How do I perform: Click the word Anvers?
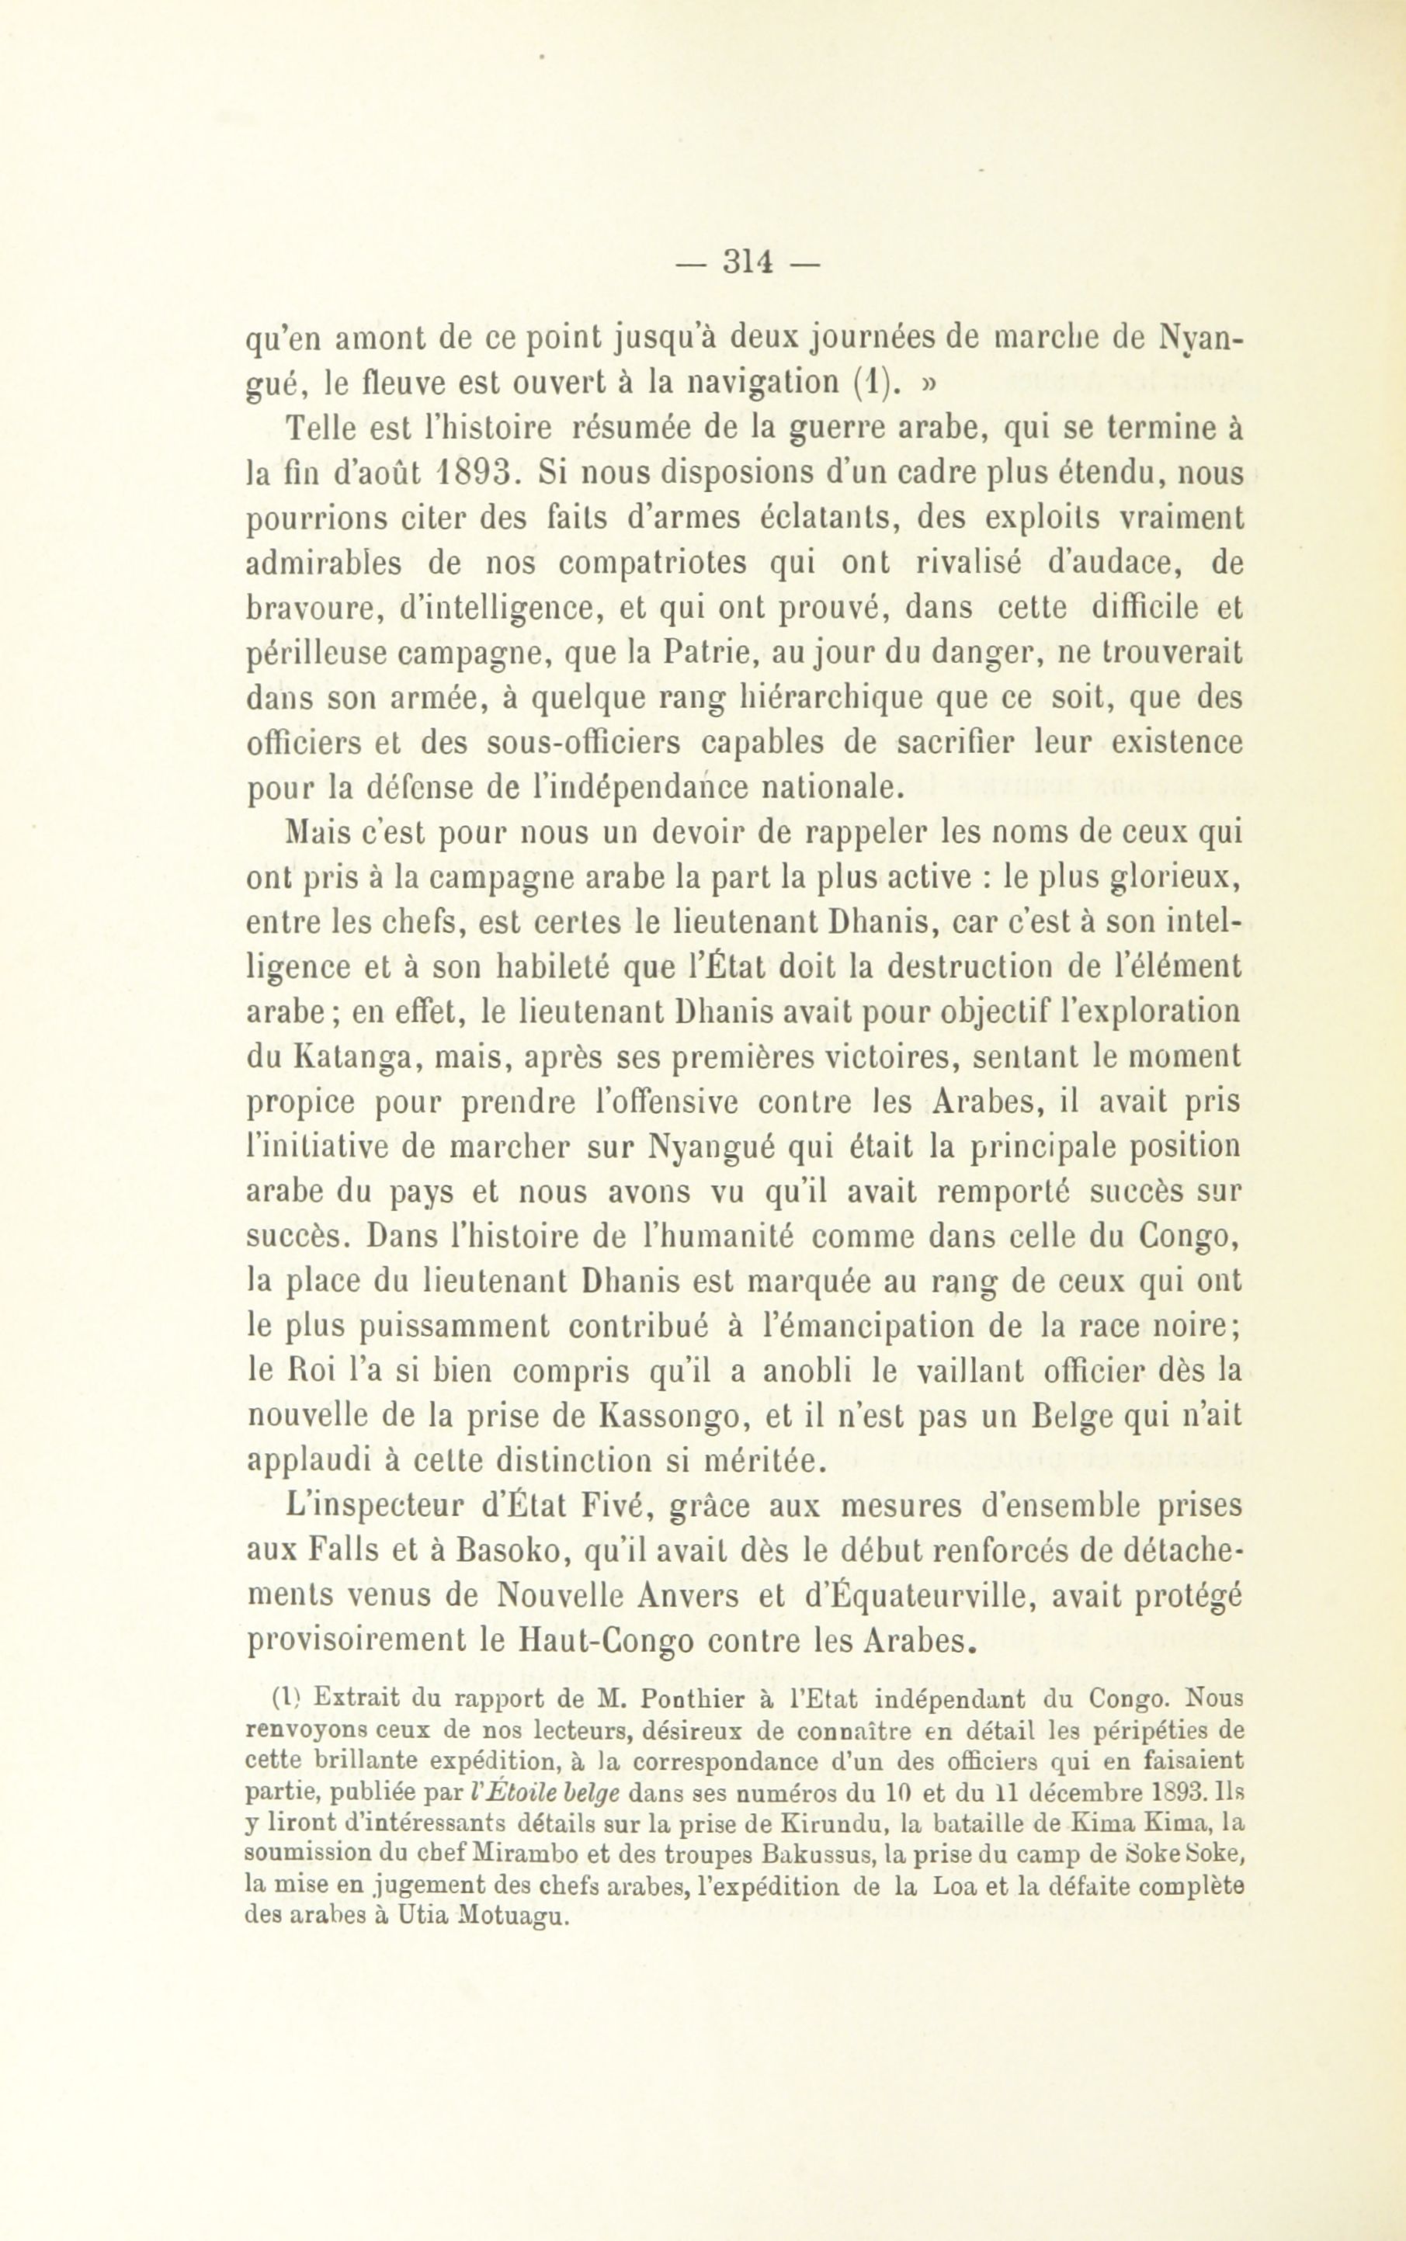689,1595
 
